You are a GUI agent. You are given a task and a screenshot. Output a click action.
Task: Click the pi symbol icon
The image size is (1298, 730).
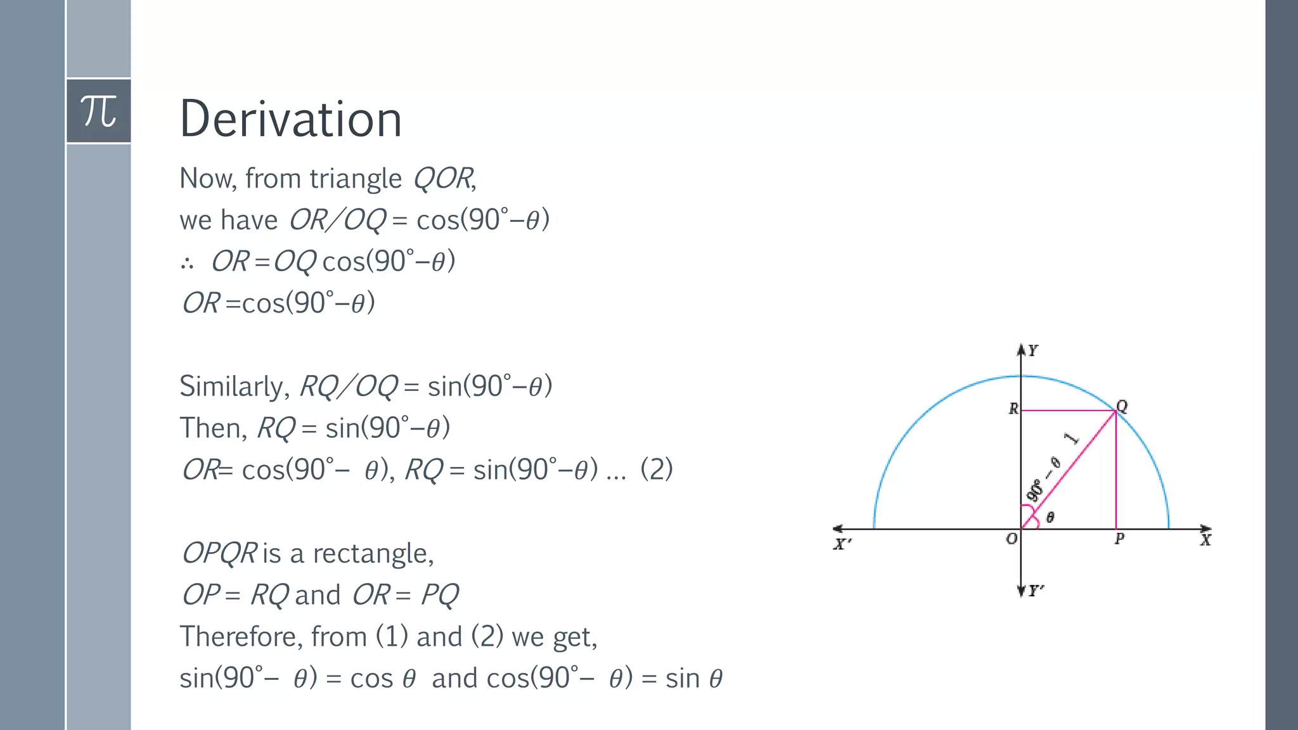click(x=99, y=111)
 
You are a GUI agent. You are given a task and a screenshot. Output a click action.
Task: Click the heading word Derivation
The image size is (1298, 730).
click(x=291, y=119)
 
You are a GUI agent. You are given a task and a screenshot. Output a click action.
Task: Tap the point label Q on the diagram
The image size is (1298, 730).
click(x=1122, y=406)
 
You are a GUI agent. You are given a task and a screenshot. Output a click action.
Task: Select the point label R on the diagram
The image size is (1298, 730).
click(x=1013, y=409)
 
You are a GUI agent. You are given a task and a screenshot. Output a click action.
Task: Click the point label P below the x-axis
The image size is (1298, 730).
click(x=1119, y=539)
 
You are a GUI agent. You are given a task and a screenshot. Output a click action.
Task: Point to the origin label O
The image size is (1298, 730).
click(x=1012, y=539)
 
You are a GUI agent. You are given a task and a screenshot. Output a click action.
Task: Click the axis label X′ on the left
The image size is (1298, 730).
click(x=842, y=544)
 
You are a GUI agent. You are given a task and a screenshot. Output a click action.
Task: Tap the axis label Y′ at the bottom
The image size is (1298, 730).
click(x=1036, y=591)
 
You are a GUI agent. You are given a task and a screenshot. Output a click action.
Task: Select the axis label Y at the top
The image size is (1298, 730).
click(x=1033, y=350)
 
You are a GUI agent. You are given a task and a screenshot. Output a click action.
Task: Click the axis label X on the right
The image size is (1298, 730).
click(x=1205, y=540)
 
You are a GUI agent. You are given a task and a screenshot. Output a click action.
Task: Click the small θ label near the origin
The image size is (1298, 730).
click(x=1050, y=518)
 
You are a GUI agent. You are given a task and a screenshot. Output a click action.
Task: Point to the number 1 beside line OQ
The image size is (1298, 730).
click(x=1071, y=439)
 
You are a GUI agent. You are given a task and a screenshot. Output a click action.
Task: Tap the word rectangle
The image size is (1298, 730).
click(x=373, y=554)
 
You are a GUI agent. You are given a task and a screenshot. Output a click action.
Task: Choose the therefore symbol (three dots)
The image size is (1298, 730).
click(x=187, y=263)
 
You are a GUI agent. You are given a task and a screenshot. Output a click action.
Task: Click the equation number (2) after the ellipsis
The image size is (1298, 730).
click(x=657, y=470)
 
